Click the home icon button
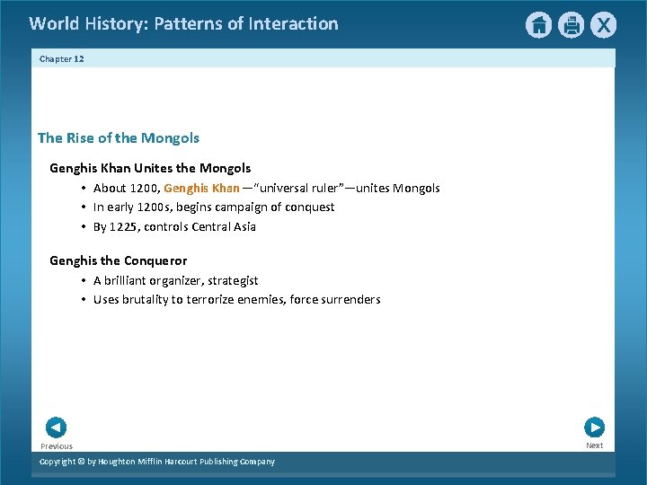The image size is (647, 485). (538, 25)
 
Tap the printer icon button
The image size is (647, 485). (571, 25)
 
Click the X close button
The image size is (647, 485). (603, 25)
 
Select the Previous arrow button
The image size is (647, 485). (56, 428)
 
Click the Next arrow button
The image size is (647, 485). (594, 428)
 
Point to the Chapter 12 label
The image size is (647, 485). (62, 58)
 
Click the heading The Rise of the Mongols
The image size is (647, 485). (119, 138)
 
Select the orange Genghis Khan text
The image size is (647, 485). (201, 188)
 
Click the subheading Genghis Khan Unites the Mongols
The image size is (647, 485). (150, 168)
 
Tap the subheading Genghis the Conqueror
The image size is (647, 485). (119, 260)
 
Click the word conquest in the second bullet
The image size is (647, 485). (308, 207)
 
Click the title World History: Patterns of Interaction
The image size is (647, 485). (184, 24)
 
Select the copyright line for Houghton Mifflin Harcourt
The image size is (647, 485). (157, 462)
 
